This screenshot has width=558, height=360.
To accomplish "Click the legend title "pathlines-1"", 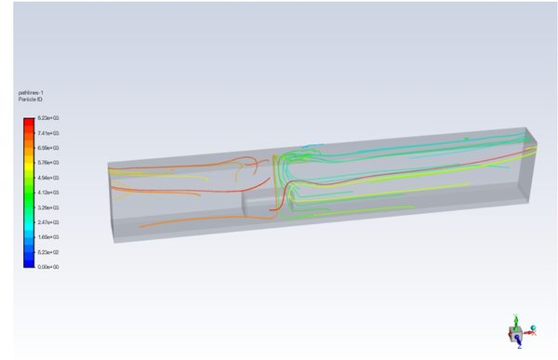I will (x=30, y=92).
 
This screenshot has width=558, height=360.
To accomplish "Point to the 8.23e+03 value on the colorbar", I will (x=48, y=119).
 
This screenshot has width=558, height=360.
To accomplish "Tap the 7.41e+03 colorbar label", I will (x=48, y=134).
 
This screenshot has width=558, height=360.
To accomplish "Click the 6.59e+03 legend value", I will (x=48, y=148).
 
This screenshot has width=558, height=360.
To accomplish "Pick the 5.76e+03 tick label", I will (x=48, y=163).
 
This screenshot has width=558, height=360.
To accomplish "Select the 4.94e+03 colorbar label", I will (x=48, y=178).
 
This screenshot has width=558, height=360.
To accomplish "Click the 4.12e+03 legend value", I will (x=48, y=193).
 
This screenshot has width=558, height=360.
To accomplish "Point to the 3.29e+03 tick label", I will (x=48, y=207).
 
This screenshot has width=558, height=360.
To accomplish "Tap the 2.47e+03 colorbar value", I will (x=48, y=222).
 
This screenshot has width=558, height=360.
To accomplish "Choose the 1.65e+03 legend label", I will (x=48, y=237).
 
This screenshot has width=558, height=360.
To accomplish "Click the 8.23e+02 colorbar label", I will (x=48, y=252).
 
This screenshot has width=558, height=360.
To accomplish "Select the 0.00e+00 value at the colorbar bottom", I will (x=48, y=267).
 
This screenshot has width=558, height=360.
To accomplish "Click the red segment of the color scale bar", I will (x=29, y=127).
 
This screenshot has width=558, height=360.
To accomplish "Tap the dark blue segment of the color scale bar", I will (x=29, y=260).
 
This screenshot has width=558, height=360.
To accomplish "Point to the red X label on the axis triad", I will (x=534, y=332).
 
